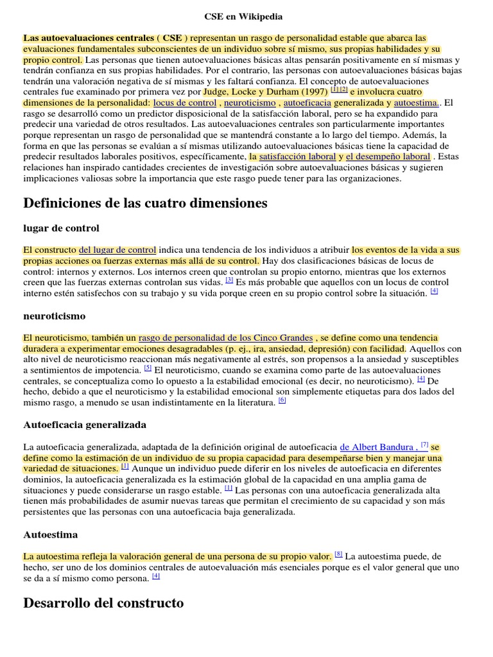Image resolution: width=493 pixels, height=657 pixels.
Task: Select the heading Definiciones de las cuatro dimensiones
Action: coord(145,203)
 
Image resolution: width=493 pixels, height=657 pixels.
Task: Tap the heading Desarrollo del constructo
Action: coord(103,603)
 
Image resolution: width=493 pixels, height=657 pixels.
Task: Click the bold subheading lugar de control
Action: coord(61,228)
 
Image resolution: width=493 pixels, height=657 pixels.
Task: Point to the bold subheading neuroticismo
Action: coord(54,316)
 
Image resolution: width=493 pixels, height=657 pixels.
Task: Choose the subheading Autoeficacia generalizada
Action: coord(85,425)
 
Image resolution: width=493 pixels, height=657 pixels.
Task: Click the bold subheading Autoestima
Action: coord(50,534)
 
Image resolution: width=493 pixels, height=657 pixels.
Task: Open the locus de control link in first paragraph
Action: coord(185,103)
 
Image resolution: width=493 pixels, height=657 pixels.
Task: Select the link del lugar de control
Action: coord(117,250)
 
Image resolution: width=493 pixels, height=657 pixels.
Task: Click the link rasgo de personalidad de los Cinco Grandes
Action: coord(225,337)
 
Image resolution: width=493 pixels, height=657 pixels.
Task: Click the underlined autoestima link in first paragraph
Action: coord(416,103)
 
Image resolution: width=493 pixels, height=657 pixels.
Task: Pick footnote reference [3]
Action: coord(229,280)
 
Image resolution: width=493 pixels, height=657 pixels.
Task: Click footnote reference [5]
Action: coord(148,368)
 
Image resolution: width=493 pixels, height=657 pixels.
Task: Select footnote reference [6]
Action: coord(282,400)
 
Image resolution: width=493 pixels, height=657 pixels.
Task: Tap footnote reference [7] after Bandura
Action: coord(424,444)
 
